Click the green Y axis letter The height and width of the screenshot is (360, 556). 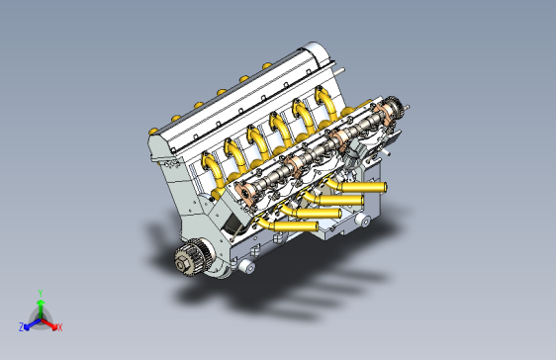tap(40, 293)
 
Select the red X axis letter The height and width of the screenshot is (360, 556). tap(59, 326)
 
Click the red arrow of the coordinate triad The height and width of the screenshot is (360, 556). tap(50, 322)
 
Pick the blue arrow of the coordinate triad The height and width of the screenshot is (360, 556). tap(30, 322)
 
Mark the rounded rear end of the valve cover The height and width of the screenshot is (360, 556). tap(315, 50)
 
